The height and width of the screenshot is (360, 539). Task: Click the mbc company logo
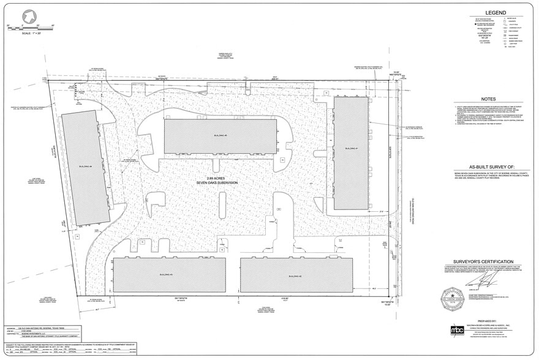tap(457, 330)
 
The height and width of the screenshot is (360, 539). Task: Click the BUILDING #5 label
tap(221, 135)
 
